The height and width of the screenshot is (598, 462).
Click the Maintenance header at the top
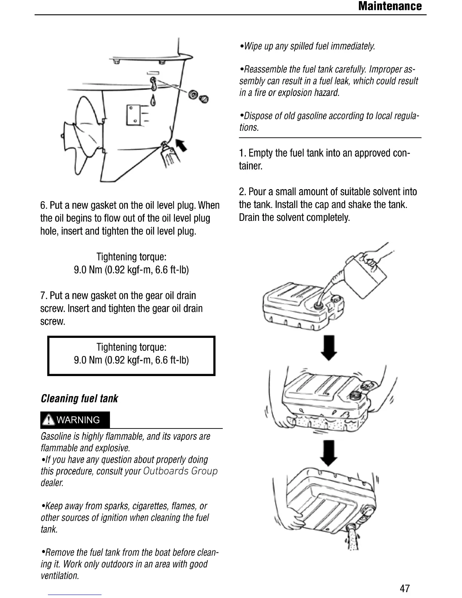pyautogui.click(x=390, y=6)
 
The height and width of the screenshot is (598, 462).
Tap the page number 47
pyautogui.click(x=405, y=588)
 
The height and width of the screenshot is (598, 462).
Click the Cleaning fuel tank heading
pyautogui.click(x=79, y=399)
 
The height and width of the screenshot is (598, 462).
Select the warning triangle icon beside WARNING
pyautogui.click(x=48, y=420)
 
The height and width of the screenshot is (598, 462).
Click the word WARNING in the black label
pyautogui.click(x=78, y=420)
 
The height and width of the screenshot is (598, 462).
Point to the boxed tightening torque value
pyautogui.click(x=131, y=360)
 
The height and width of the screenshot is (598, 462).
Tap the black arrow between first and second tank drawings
pyautogui.click(x=328, y=347)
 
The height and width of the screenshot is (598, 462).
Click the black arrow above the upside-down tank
pyautogui.click(x=328, y=453)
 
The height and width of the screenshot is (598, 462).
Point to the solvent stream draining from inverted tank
pyautogui.click(x=351, y=538)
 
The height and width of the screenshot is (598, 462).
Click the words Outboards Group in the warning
pyautogui.click(x=180, y=471)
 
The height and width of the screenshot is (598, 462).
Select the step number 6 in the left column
pyautogui.click(x=43, y=205)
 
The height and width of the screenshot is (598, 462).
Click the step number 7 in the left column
pyautogui.click(x=43, y=296)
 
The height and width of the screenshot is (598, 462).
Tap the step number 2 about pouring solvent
pyautogui.click(x=242, y=192)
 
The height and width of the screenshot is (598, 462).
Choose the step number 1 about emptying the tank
pyautogui.click(x=242, y=153)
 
